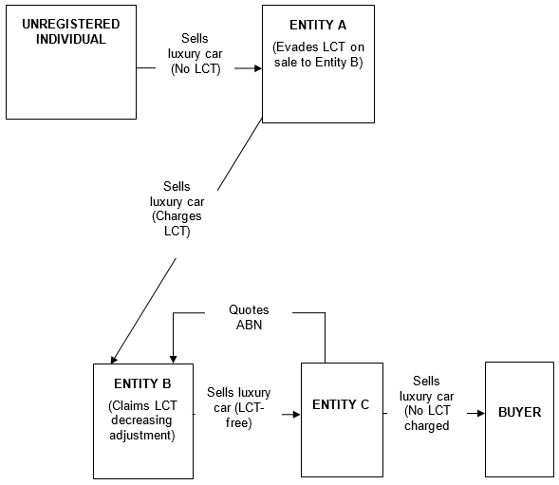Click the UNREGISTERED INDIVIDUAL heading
(x=71, y=31)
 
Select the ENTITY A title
(x=318, y=25)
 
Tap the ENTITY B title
(x=142, y=383)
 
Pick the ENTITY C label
(x=341, y=404)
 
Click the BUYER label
(x=520, y=412)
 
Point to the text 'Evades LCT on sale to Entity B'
(x=318, y=54)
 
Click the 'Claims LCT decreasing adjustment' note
(x=142, y=420)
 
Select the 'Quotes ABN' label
(x=249, y=317)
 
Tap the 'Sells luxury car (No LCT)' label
(x=195, y=53)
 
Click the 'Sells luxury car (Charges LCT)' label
(x=177, y=209)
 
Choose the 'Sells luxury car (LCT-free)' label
(x=239, y=407)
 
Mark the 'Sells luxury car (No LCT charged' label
(x=427, y=403)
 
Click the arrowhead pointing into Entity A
(x=258, y=68)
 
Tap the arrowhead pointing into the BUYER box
(x=481, y=413)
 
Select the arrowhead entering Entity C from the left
(x=296, y=415)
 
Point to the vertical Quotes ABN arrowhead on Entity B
(x=174, y=360)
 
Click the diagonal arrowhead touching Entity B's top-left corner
(x=114, y=360)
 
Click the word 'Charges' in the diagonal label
(x=177, y=216)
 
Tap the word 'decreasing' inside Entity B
(x=141, y=420)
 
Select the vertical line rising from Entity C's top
(x=326, y=338)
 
